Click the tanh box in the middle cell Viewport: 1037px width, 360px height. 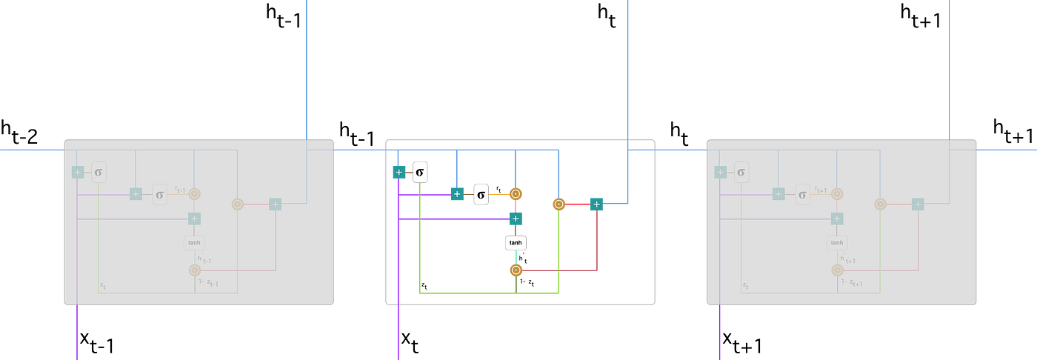pos(516,242)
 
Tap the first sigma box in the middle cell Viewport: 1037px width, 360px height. pos(420,172)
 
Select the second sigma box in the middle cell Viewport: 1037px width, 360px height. pos(481,194)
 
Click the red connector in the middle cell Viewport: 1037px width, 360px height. pos(578,204)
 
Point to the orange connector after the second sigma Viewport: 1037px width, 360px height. pos(499,194)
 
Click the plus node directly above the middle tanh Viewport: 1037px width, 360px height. pos(516,219)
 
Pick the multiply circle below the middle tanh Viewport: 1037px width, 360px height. pos(516,270)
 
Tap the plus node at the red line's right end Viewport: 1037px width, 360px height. pos(596,204)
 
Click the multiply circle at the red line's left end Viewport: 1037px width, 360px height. pos(558,204)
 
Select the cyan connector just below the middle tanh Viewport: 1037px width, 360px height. pos(516,257)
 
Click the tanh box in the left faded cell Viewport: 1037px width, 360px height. pos(194,242)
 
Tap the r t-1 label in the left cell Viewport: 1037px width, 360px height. pos(180,189)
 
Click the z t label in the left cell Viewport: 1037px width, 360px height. pos(103,284)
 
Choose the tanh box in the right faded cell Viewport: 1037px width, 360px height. pos(837,242)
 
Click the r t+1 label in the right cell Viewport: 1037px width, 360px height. pos(823,189)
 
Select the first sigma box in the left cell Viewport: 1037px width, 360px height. pos(99,172)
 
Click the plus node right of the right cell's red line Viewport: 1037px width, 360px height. pos(918,204)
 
